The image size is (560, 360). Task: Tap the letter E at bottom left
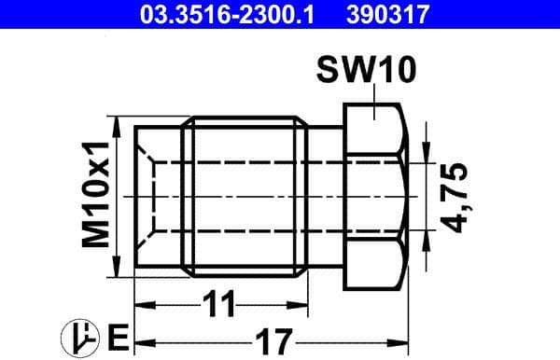[x=117, y=335]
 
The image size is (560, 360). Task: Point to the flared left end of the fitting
[x=159, y=197]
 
